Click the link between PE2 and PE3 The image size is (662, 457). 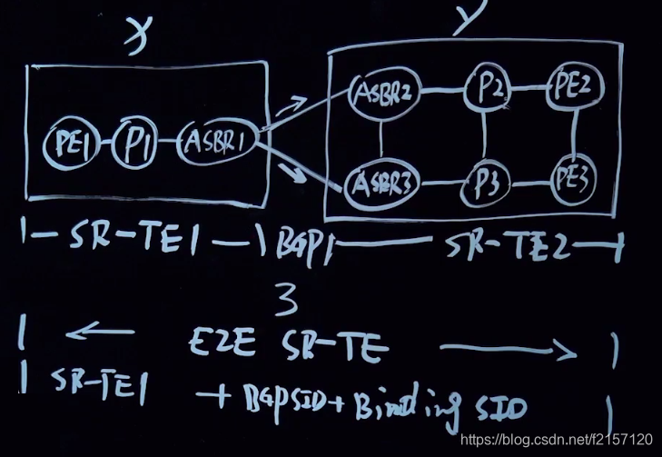point(576,134)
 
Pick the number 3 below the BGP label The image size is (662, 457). point(285,297)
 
